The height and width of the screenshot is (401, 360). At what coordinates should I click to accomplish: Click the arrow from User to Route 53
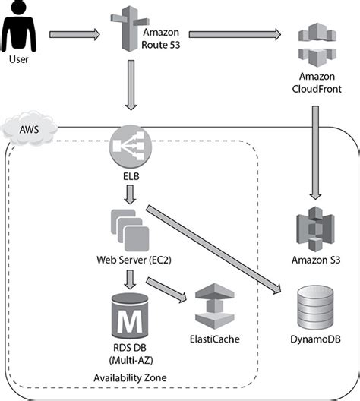[x=74, y=33]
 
